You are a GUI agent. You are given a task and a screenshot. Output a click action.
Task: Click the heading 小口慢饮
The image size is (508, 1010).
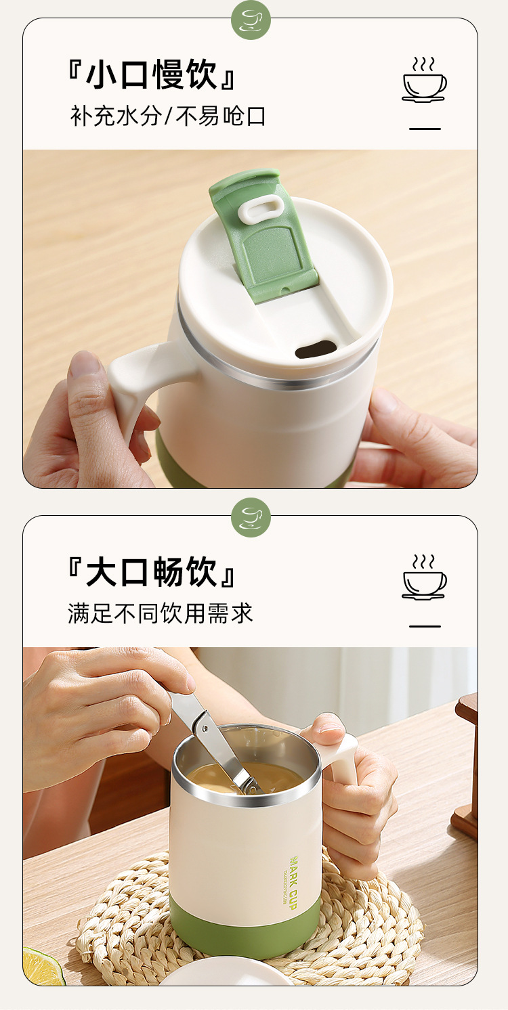point(152,74)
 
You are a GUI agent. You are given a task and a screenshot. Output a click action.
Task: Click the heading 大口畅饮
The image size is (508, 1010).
point(152,572)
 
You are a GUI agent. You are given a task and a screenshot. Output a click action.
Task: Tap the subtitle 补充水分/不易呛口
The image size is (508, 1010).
point(168,116)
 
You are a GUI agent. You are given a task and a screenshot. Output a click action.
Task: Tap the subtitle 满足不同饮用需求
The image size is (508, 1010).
point(161,613)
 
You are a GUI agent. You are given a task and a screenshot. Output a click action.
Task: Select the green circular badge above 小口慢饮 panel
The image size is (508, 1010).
point(251,20)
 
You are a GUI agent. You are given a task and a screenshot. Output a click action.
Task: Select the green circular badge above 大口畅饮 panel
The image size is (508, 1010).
point(251,518)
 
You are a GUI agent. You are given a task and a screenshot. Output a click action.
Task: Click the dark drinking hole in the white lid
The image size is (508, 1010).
point(316,349)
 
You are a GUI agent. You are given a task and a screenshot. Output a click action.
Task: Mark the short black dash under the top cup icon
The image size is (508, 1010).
point(425,129)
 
